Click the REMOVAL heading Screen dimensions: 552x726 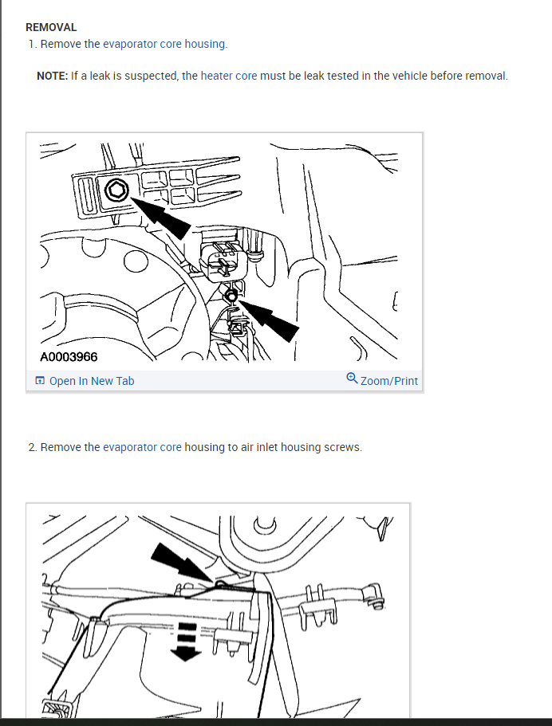click(51, 27)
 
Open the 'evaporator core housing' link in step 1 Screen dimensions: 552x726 click(165, 44)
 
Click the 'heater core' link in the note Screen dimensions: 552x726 click(228, 76)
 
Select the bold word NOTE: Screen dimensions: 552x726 click(53, 76)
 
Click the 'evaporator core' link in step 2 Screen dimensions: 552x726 click(142, 447)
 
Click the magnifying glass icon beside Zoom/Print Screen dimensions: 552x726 click(352, 379)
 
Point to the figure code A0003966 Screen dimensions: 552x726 click(69, 357)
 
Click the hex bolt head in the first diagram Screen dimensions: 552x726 click(116, 190)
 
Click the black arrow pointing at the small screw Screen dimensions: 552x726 click(269, 320)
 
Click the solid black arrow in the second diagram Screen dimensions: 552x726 click(182, 562)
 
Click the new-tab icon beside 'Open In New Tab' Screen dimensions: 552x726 click(41, 381)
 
